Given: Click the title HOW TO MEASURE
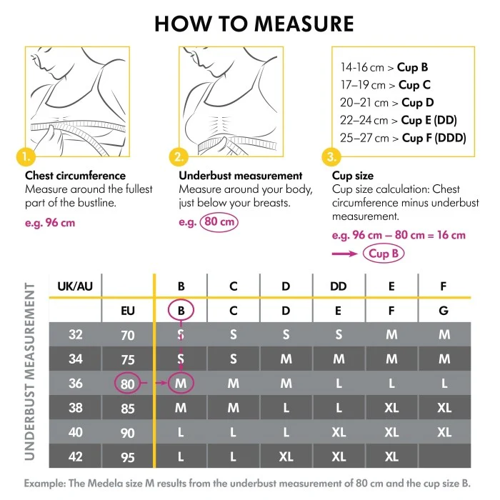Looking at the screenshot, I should [x=254, y=24].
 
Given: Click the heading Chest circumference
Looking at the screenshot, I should [x=75, y=176].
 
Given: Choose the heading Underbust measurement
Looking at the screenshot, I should [x=240, y=176].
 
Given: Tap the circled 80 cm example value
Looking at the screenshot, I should [x=219, y=222].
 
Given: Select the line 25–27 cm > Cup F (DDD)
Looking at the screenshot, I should [x=404, y=138].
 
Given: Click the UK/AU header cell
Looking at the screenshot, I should [x=75, y=286].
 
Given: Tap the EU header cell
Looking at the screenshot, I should [x=128, y=311].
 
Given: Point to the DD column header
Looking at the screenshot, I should [x=339, y=286].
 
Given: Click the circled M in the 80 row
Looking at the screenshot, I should [x=181, y=384].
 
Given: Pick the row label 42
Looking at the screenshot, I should [x=75, y=456].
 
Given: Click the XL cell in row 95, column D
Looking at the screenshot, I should [x=286, y=456].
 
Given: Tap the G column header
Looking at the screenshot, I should [x=444, y=311].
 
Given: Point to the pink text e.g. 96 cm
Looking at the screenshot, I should [x=50, y=222].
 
